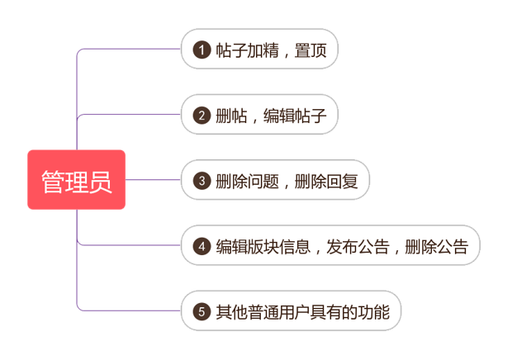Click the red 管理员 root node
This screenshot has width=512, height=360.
coord(77,180)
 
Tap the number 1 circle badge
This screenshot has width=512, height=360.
coord(201,50)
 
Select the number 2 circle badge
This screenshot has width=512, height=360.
coord(201,116)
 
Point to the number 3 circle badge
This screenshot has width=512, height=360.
coord(201,180)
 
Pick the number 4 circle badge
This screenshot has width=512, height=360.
coord(201,245)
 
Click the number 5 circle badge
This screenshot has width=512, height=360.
coord(201,311)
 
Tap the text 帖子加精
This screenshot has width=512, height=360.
coord(247,50)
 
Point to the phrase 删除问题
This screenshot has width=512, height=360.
coord(247,180)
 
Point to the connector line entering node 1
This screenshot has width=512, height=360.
coord(132,50)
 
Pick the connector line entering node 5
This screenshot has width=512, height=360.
coord(132,311)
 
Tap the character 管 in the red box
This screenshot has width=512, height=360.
coord(54,180)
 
